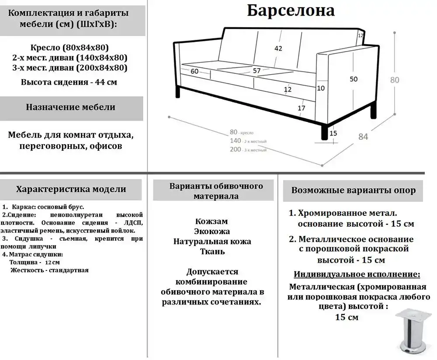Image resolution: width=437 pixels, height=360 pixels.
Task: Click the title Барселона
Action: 291,10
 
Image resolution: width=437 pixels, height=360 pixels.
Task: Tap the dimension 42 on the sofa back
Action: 278,48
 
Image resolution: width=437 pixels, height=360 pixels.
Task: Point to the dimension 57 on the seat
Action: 257,70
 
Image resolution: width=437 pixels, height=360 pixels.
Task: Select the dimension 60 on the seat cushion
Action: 194,71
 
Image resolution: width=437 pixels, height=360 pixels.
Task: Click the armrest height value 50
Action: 354,79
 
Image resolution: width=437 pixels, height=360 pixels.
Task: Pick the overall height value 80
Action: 395,80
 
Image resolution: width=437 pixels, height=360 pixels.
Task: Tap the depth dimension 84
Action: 363,136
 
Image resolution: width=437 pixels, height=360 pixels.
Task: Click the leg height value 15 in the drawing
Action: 333,133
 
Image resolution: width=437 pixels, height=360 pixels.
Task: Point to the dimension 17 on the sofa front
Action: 302,108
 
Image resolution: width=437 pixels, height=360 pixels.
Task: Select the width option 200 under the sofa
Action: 236,149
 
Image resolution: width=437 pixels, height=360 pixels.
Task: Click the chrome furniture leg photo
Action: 409,330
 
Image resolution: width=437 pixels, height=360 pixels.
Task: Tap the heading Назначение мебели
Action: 70,107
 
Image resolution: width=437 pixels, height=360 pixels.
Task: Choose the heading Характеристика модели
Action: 71,189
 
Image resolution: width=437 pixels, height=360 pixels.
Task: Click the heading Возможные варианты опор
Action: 354,190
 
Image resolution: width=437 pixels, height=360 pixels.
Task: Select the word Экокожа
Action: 212,231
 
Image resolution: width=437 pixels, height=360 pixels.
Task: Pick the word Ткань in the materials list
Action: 212,251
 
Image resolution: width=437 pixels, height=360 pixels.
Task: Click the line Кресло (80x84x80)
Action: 70,47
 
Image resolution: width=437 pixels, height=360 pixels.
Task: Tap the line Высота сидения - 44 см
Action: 69,82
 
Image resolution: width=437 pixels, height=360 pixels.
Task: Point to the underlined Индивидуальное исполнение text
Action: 357,274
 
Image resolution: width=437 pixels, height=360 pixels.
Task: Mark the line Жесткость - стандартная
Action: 49,270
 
